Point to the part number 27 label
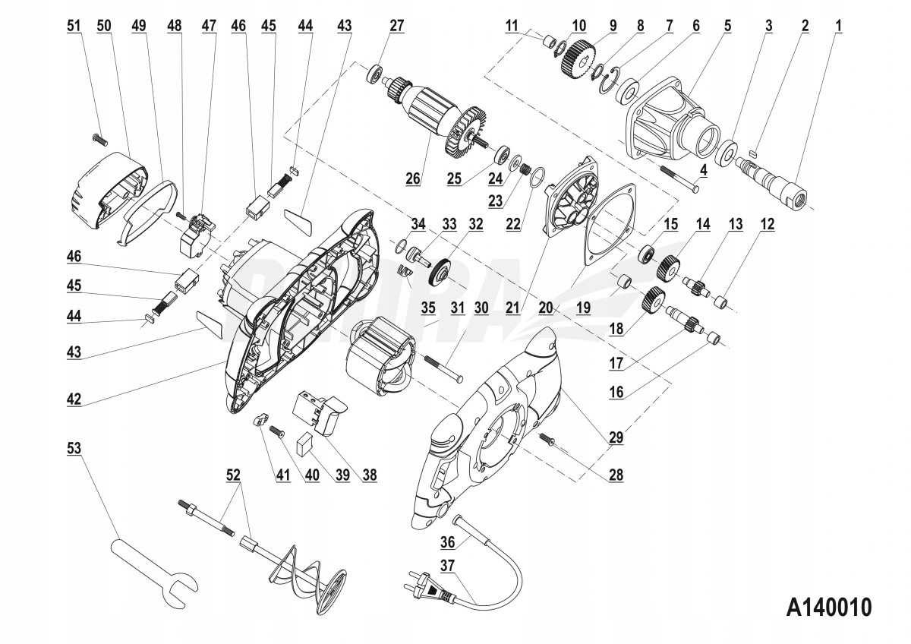(396, 25)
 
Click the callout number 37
(447, 565)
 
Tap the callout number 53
(73, 449)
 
